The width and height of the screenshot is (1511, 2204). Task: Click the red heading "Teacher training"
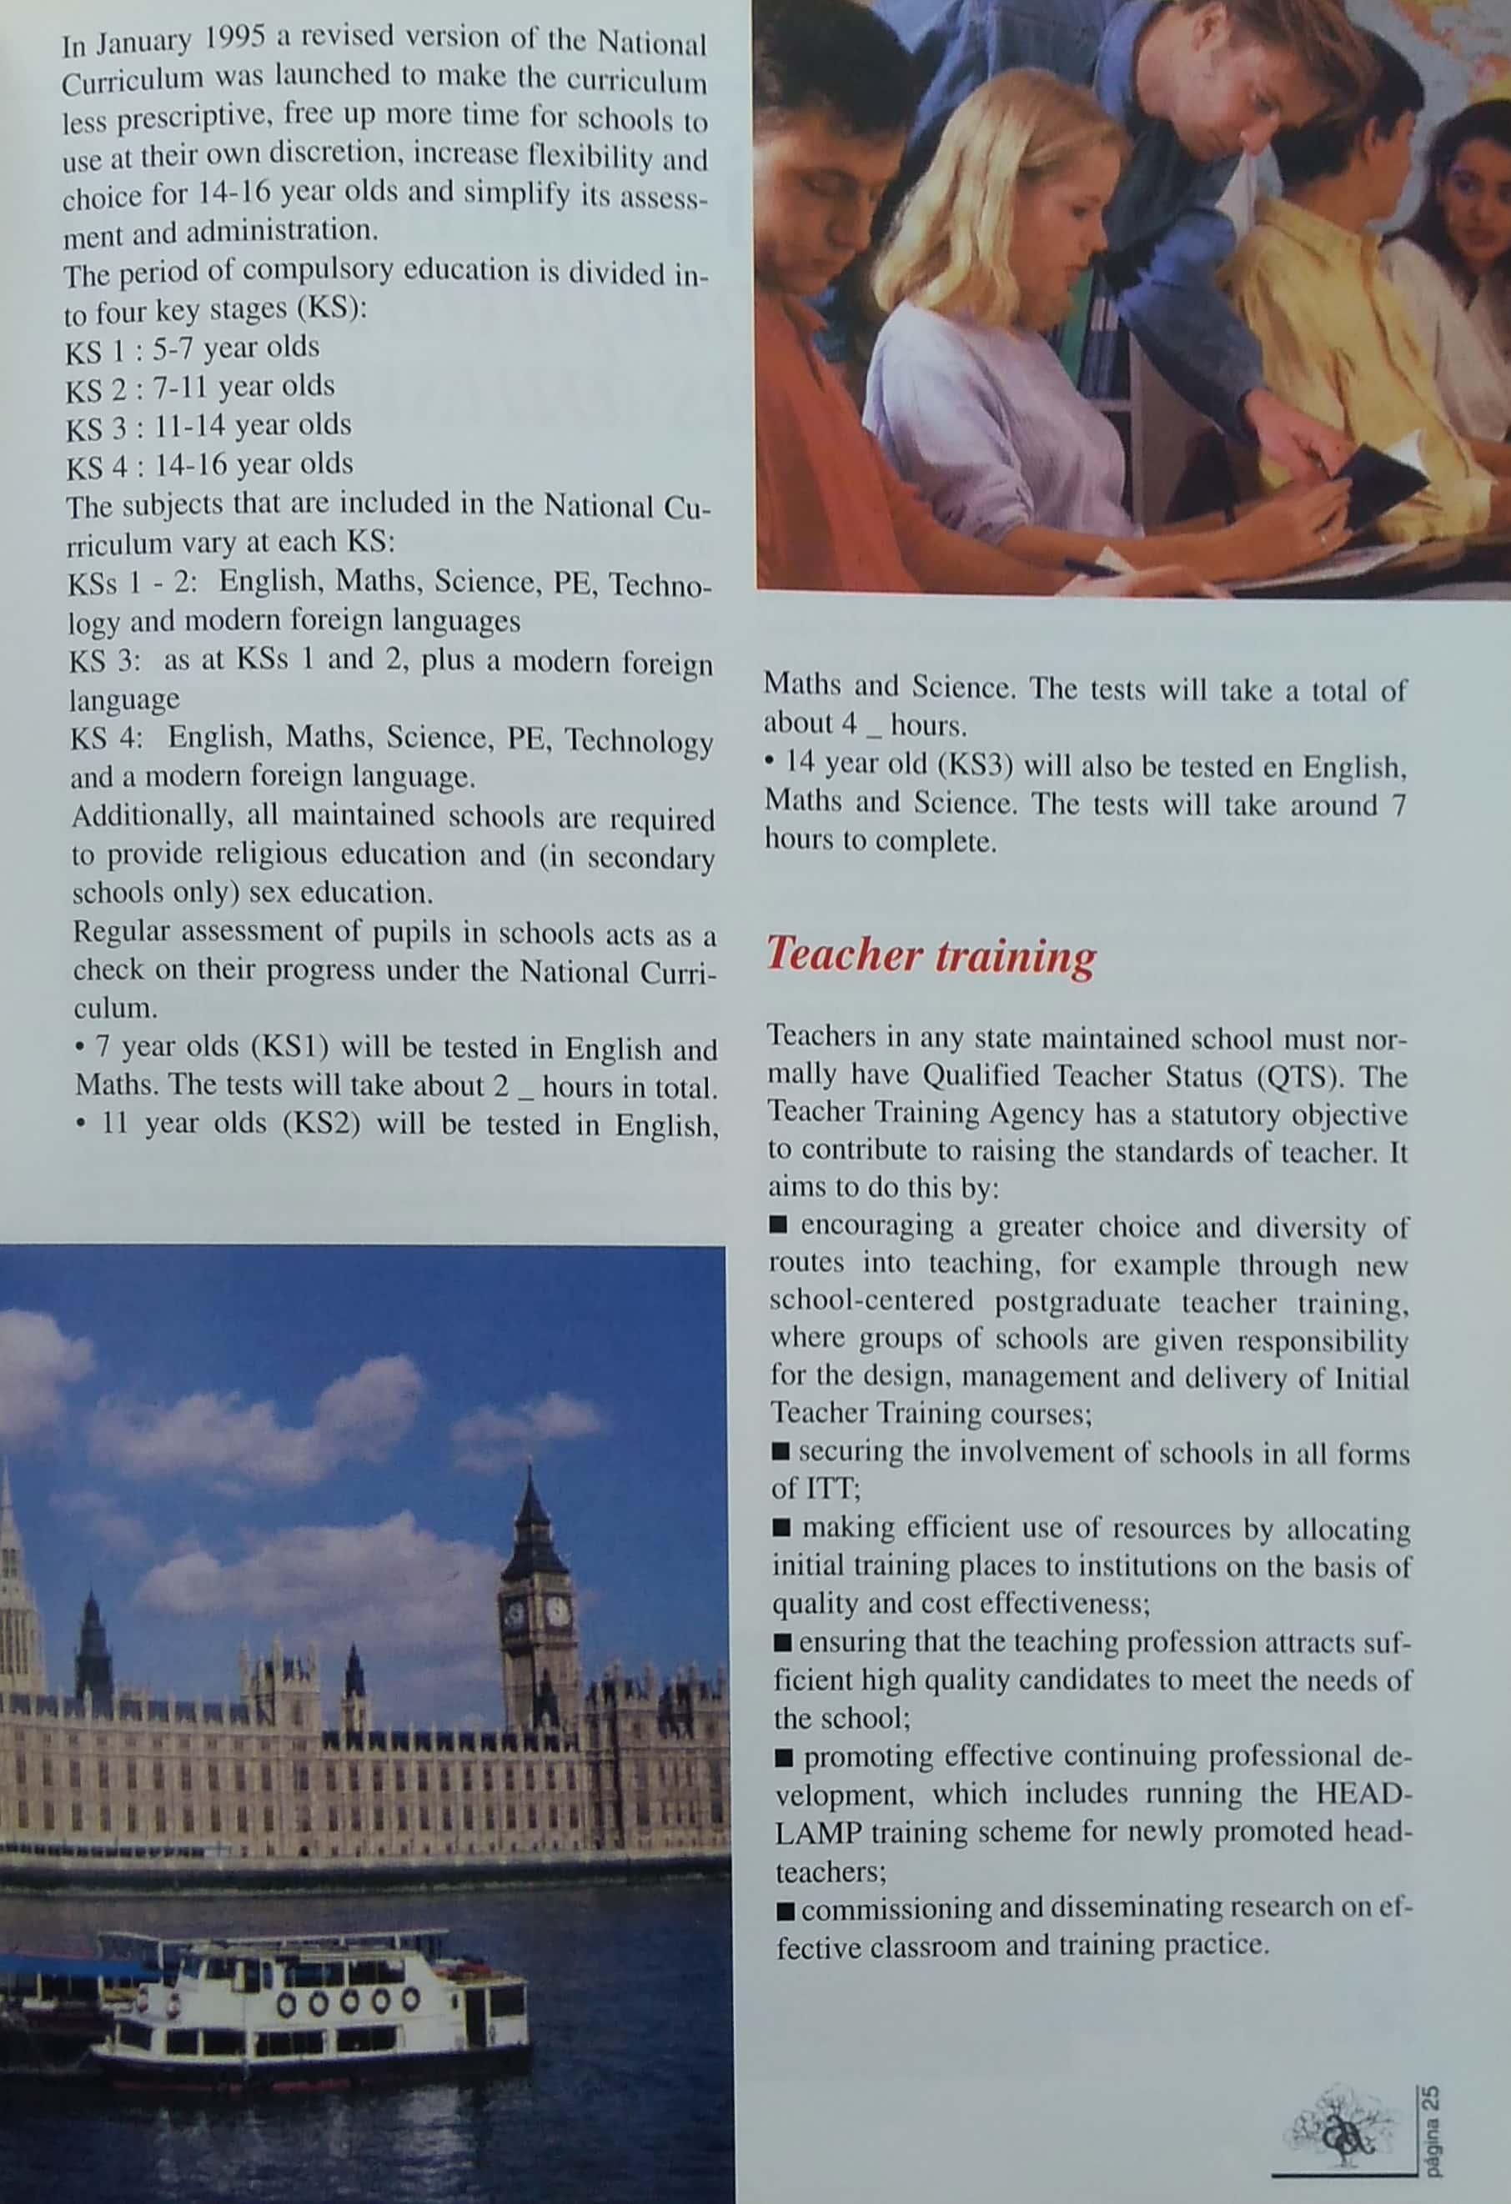click(x=930, y=955)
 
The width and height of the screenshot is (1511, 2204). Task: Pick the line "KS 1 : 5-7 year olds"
click(x=193, y=349)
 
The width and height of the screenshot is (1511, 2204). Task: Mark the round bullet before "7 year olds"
click(x=80, y=1047)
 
